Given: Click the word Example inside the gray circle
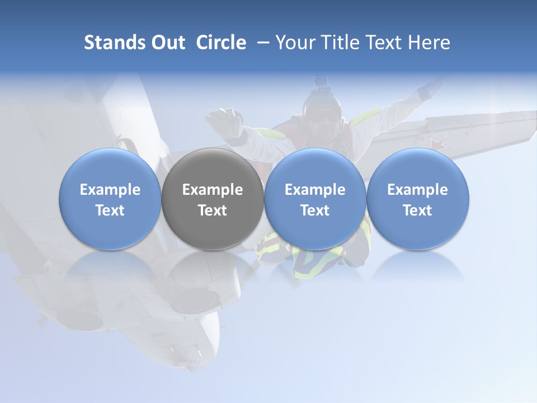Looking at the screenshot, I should pyautogui.click(x=213, y=190).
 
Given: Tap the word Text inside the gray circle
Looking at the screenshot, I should pyautogui.click(x=213, y=210).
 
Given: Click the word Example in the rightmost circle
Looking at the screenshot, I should pyautogui.click(x=418, y=190).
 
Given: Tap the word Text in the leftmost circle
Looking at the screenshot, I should pyautogui.click(x=110, y=210).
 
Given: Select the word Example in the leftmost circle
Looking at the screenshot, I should pyautogui.click(x=110, y=190).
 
